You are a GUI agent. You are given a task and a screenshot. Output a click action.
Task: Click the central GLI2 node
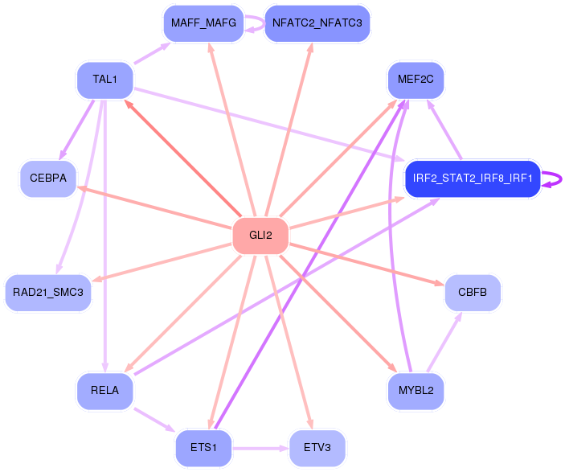[260, 236]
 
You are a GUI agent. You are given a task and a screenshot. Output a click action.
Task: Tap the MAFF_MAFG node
[203, 23]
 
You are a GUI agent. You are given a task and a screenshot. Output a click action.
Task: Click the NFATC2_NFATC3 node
[317, 23]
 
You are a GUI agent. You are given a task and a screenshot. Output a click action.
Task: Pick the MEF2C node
[416, 80]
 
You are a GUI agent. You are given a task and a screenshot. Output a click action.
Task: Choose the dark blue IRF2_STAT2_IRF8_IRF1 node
[473, 179]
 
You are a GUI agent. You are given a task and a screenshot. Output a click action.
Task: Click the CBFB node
[473, 292]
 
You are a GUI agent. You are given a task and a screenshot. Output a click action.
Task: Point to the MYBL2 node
[416, 391]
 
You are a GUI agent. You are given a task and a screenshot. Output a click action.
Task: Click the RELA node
[104, 391]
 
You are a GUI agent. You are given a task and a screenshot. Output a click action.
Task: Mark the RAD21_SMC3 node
[48, 292]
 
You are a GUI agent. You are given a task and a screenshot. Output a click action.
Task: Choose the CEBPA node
[48, 179]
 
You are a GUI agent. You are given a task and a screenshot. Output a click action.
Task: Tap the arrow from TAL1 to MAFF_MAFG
[151, 53]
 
